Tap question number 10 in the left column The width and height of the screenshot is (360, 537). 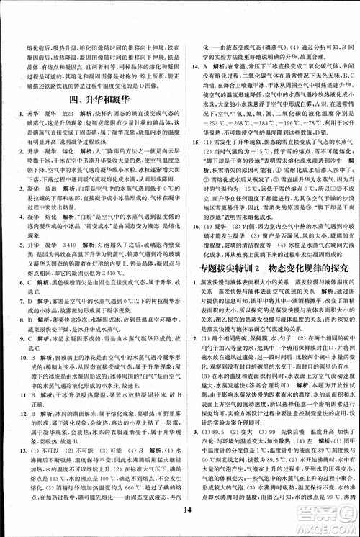pyautogui.click(x=11, y=356)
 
